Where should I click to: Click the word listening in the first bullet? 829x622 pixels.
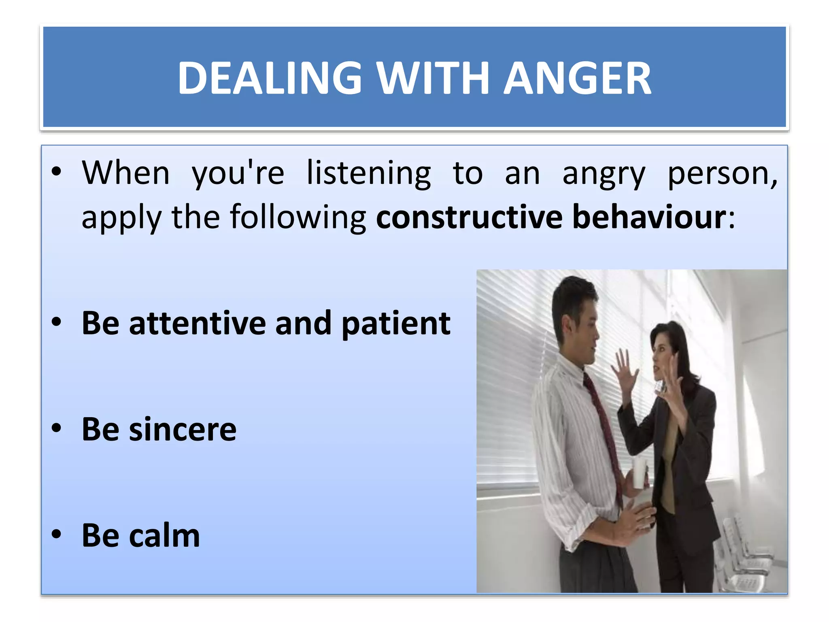coord(369,173)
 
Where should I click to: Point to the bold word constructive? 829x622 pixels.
coord(469,217)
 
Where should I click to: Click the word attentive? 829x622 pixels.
coord(197,324)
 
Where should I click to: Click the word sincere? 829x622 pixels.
coord(182,430)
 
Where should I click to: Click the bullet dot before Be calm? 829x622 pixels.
coord(56,535)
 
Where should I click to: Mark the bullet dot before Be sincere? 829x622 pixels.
coord(56,428)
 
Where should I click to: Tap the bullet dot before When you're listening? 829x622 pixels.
coord(56,172)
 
